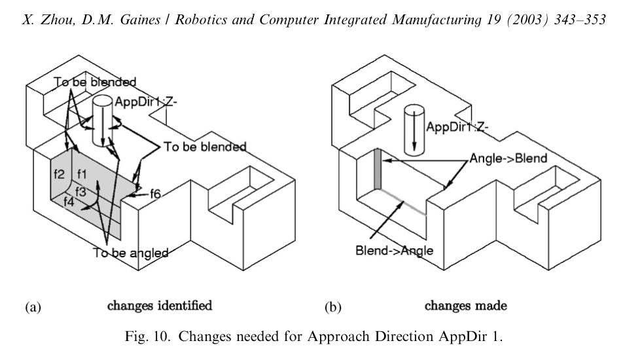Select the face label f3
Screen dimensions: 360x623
click(80, 192)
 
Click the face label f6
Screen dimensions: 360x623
click(156, 193)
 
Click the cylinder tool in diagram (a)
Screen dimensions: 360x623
click(103, 121)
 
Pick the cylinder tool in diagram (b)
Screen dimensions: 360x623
click(414, 128)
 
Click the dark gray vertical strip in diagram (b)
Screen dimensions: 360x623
click(377, 170)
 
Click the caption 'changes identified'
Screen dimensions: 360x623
click(160, 305)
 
